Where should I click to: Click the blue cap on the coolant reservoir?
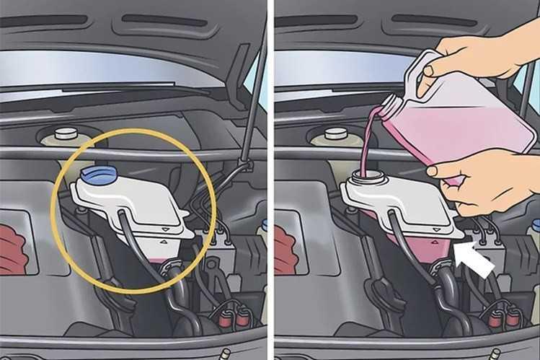(x=95, y=174)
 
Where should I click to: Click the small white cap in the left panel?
(x=65, y=133)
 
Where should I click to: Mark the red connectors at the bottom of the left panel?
(x=231, y=315)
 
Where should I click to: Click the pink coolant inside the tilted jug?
(x=461, y=130)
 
